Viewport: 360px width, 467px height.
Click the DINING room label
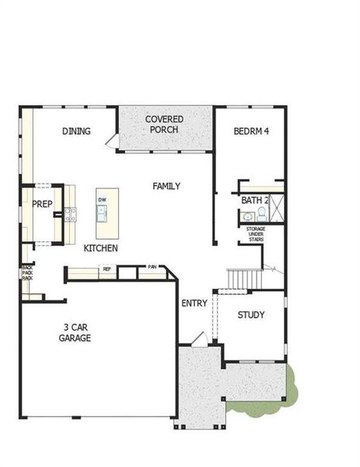tap(76, 131)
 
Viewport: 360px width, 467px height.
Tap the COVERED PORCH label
tap(164, 125)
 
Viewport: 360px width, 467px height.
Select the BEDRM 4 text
tap(250, 131)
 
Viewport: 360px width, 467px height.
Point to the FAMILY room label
tap(166, 186)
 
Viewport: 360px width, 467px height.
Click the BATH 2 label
tap(254, 201)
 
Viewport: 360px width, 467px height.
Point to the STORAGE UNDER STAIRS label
tap(256, 234)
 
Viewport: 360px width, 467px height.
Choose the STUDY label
tap(251, 315)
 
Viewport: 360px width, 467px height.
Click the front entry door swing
tap(199, 339)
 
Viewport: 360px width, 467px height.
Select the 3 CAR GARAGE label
tap(75, 332)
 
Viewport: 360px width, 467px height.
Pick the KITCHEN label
tap(101, 248)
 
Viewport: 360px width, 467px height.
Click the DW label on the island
tap(102, 200)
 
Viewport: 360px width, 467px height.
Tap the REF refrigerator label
tap(107, 269)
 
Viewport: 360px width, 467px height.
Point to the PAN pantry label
tap(152, 268)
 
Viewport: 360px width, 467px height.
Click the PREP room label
tap(40, 205)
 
